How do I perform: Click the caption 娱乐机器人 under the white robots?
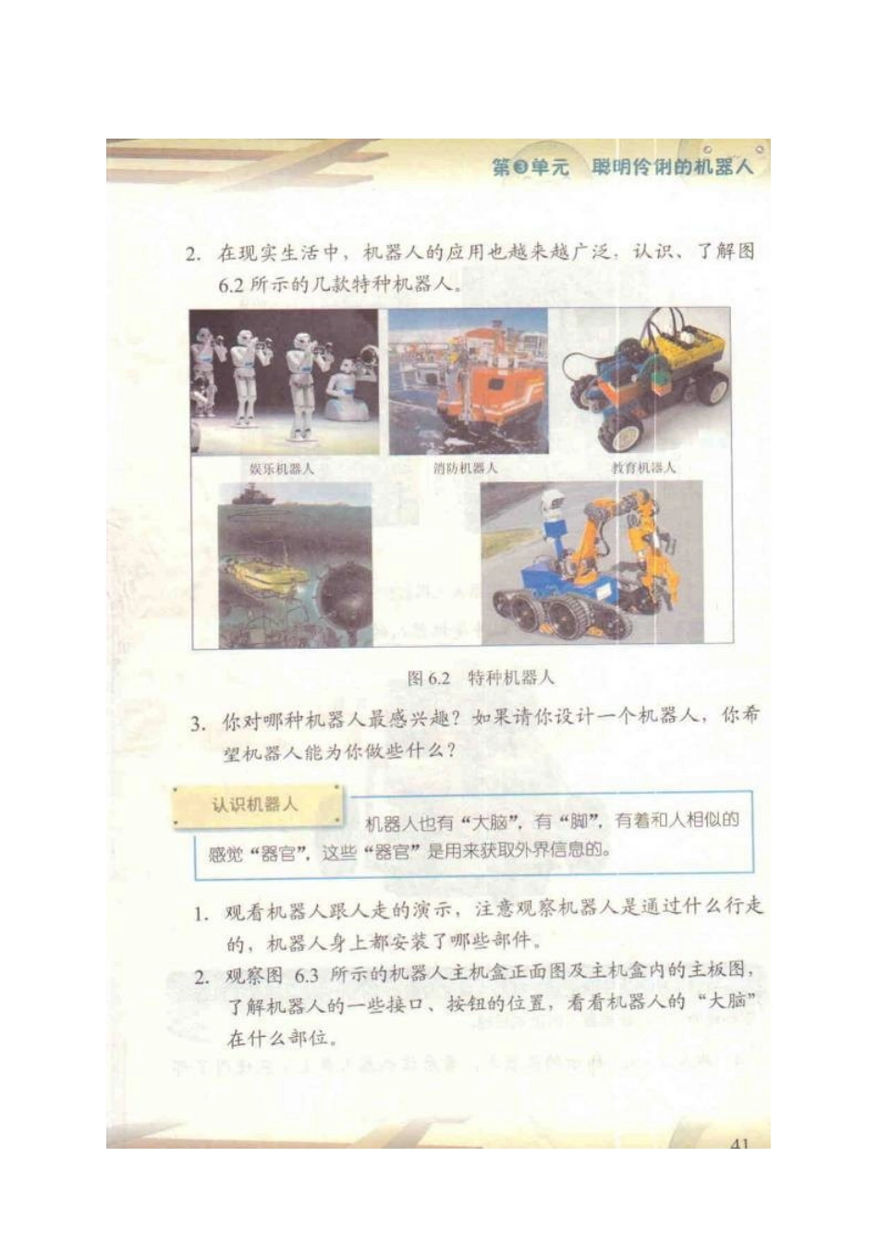[x=281, y=469]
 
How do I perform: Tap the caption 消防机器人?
[x=465, y=469]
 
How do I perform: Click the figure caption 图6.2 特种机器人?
[x=481, y=677]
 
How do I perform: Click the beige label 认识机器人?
[x=254, y=805]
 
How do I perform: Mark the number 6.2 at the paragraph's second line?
[x=230, y=286]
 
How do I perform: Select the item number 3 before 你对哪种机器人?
[x=197, y=723]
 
